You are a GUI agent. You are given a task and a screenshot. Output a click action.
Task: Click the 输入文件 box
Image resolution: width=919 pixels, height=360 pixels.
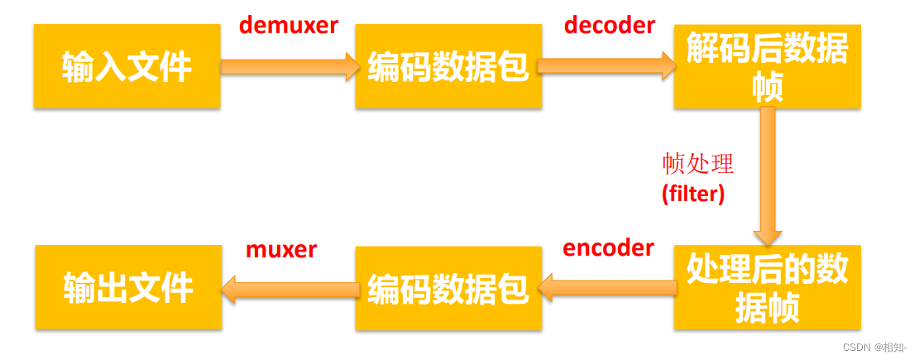point(127,66)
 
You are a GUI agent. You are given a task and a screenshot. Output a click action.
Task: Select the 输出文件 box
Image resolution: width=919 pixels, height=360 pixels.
point(128,287)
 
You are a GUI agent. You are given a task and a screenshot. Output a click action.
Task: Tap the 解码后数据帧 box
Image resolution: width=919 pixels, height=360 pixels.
point(767,67)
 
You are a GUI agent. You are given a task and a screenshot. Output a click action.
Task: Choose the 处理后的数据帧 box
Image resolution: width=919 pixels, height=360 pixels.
point(767,288)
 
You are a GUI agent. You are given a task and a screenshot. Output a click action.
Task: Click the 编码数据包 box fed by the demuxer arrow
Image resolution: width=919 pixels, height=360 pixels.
point(448,66)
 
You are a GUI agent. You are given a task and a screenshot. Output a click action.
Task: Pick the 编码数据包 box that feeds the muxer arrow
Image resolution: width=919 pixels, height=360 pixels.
point(448,287)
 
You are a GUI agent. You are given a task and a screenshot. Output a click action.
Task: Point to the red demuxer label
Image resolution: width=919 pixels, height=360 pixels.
point(289,26)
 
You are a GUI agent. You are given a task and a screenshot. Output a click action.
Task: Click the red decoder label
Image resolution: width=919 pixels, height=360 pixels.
point(610,25)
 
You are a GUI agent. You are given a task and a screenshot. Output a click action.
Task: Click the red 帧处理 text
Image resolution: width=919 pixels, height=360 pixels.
point(697,164)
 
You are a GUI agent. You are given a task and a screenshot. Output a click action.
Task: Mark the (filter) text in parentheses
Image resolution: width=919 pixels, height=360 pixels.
point(693,194)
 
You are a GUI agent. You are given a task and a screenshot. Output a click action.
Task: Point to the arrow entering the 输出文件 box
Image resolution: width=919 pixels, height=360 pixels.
point(290,288)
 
